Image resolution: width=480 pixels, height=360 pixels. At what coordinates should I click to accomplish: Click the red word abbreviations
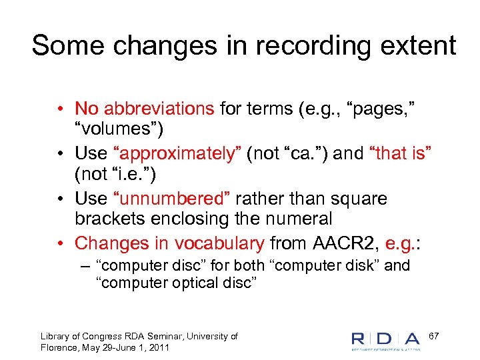point(159,108)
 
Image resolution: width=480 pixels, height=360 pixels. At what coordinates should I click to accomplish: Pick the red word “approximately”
point(177,153)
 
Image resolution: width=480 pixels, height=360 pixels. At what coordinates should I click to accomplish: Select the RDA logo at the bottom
point(387,340)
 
